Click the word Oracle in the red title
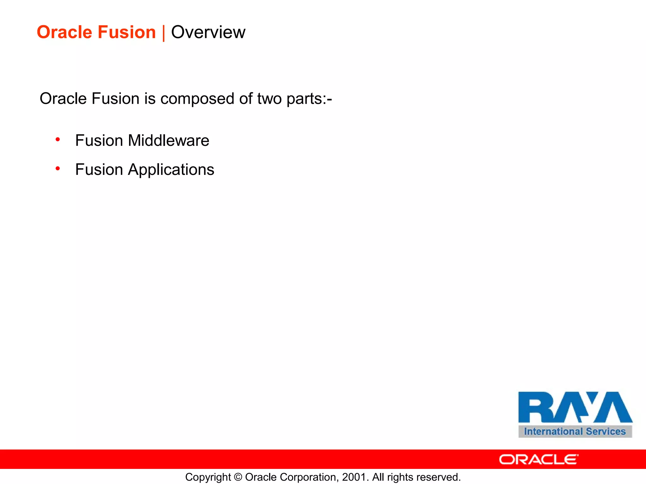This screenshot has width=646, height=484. (64, 32)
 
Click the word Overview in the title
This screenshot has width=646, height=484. (208, 32)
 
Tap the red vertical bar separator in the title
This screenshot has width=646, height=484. (163, 33)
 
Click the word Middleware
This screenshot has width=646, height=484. (168, 141)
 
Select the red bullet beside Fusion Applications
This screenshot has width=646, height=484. (58, 169)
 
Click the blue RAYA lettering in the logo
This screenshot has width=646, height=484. (575, 407)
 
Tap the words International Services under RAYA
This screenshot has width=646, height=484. (575, 431)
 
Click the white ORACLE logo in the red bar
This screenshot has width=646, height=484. (538, 459)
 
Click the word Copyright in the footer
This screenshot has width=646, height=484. (208, 477)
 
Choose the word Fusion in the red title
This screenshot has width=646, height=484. (126, 32)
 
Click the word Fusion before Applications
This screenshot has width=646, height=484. (99, 170)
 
